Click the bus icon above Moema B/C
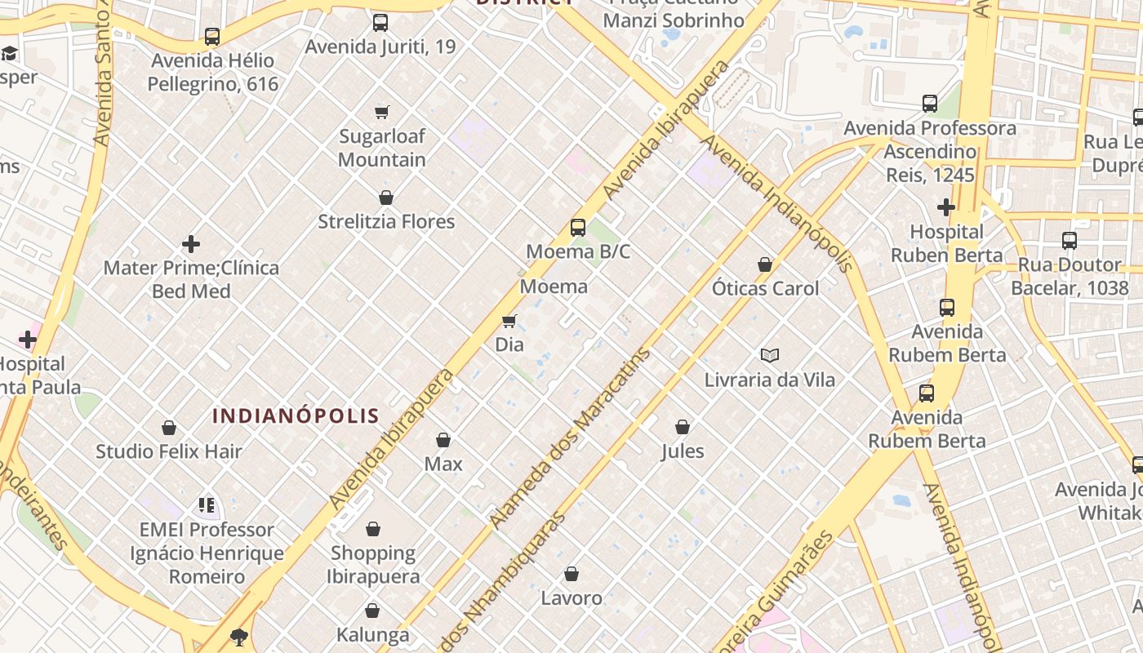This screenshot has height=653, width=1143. [x=578, y=228]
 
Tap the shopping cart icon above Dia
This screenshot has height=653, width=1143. [x=509, y=322]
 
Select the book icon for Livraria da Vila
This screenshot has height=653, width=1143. [x=769, y=355]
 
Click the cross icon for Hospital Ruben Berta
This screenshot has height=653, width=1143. [x=946, y=207]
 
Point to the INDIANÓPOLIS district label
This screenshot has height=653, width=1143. [x=296, y=416]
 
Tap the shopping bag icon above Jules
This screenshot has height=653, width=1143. [x=683, y=427]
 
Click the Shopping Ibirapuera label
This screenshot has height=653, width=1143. [x=373, y=564]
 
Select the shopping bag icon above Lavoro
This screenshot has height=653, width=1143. [x=571, y=574]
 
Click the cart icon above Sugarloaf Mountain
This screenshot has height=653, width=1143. [x=381, y=112]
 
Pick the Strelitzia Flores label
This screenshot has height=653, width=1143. [x=386, y=221]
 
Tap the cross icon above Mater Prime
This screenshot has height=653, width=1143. [x=191, y=244]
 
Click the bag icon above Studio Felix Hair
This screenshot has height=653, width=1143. [x=169, y=428]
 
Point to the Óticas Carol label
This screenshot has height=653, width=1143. [x=765, y=288]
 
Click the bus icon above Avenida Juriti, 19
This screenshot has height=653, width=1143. [x=380, y=23]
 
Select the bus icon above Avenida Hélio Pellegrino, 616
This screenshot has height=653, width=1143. [x=212, y=37]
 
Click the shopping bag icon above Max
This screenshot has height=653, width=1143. [x=443, y=440]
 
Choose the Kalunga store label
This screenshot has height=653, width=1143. [x=372, y=634]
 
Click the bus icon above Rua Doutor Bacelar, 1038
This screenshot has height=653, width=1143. [x=1070, y=241]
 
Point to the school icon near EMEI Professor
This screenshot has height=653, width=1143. [x=207, y=505]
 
